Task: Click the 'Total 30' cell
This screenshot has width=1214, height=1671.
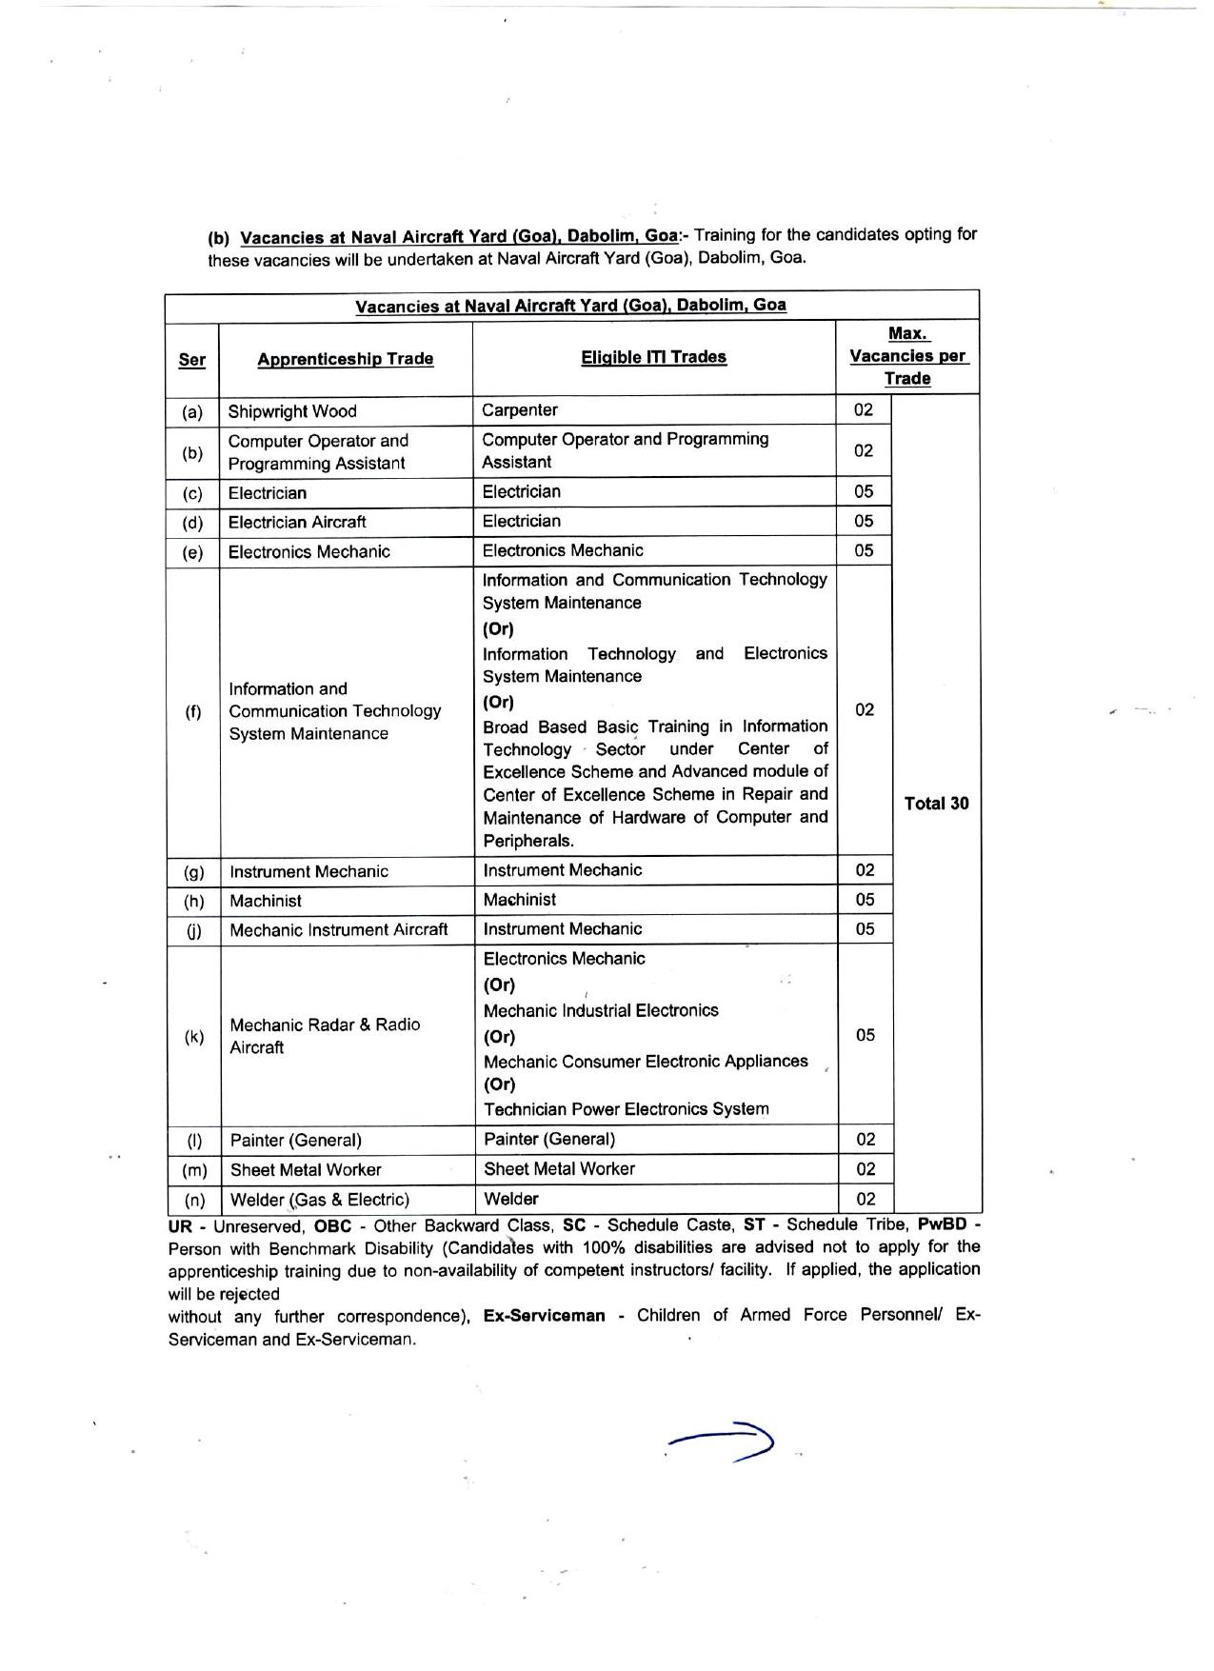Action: pyautogui.click(x=936, y=804)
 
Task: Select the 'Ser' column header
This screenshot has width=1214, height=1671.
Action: pyautogui.click(x=192, y=360)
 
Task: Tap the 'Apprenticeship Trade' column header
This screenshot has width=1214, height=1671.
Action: pyautogui.click(x=345, y=359)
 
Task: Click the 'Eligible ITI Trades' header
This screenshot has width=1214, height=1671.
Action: pyautogui.click(x=653, y=357)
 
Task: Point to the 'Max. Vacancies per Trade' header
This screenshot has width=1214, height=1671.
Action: pyautogui.click(x=907, y=356)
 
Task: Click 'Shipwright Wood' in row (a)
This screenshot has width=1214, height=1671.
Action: pyautogui.click(x=292, y=411)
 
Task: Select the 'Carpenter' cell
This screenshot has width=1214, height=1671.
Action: pyautogui.click(x=520, y=410)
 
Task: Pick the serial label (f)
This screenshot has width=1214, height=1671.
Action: pyautogui.click(x=193, y=711)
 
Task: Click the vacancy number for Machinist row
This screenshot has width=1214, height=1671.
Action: pyautogui.click(x=865, y=900)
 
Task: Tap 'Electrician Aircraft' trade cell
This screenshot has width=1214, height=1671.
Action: pyautogui.click(x=297, y=522)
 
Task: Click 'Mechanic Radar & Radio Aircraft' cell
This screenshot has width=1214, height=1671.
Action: pyautogui.click(x=325, y=1036)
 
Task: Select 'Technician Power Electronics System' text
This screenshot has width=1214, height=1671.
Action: pyautogui.click(x=626, y=1109)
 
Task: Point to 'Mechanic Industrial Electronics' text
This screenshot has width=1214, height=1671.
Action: pyautogui.click(x=601, y=1010)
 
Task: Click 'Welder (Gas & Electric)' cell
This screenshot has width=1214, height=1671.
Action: pyautogui.click(x=320, y=1200)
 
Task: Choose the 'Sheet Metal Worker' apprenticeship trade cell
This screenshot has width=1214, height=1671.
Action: pyautogui.click(x=306, y=1170)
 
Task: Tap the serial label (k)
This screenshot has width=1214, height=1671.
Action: pyautogui.click(x=194, y=1037)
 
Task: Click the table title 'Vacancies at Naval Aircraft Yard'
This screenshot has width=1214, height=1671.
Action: pyautogui.click(x=570, y=306)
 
